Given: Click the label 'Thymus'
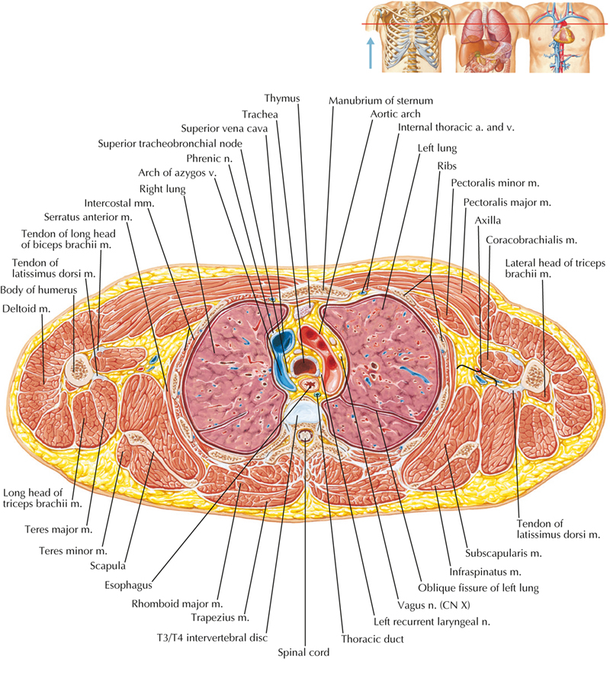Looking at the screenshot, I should [x=282, y=99].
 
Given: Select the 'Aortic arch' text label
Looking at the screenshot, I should [x=390, y=113].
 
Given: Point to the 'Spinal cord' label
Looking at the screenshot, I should [x=304, y=653].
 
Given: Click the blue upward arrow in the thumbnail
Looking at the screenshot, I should [x=371, y=53].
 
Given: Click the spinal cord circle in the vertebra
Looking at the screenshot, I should [x=306, y=437].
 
